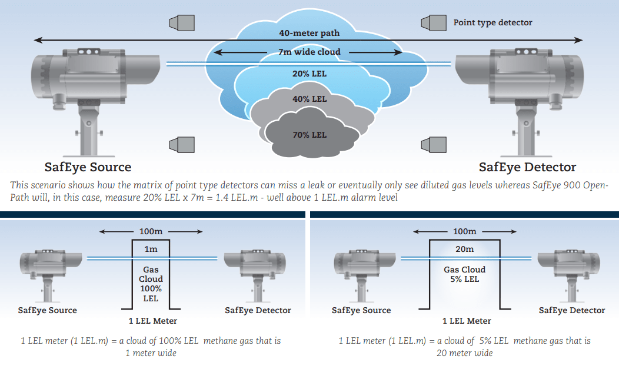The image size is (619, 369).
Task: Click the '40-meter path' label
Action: click(309, 33)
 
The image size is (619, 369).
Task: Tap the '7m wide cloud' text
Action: click(309, 52)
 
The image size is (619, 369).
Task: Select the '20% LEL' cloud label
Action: click(309, 74)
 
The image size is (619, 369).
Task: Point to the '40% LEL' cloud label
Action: click(309, 99)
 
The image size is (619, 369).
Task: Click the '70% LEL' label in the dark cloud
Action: click(309, 135)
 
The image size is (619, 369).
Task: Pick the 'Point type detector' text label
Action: click(492, 23)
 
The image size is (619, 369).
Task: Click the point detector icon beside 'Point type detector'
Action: click(433, 23)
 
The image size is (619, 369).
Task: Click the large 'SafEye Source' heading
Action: click(88, 167)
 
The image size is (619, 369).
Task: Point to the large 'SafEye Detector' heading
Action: click(527, 167)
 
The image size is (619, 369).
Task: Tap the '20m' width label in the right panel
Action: click(464, 249)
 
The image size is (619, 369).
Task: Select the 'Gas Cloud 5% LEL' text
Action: click(464, 274)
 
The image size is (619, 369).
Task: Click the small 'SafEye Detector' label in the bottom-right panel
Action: click(571, 310)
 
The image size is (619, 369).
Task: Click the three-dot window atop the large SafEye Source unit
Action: click(89, 52)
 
